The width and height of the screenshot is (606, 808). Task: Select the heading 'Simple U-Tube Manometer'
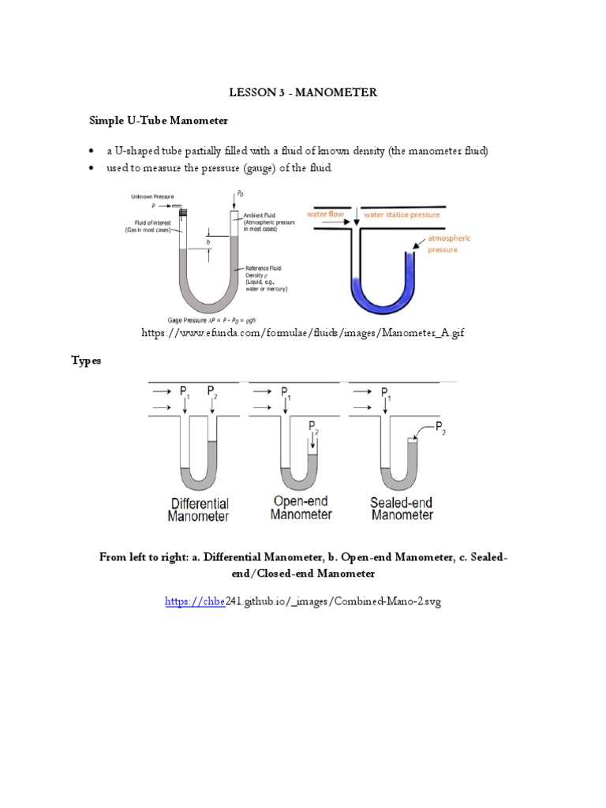tap(157, 121)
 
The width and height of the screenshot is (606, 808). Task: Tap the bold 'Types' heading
tap(87, 360)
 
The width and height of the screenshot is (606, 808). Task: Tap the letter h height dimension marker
tap(208, 244)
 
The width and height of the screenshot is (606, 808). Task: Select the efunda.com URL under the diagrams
tap(302, 334)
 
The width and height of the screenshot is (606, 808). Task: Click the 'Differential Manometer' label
tap(198, 510)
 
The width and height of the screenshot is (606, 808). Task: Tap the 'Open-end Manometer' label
tap(301, 507)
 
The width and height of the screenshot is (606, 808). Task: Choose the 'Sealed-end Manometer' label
tap(402, 507)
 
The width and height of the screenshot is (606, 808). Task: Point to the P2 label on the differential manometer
tap(211, 392)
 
